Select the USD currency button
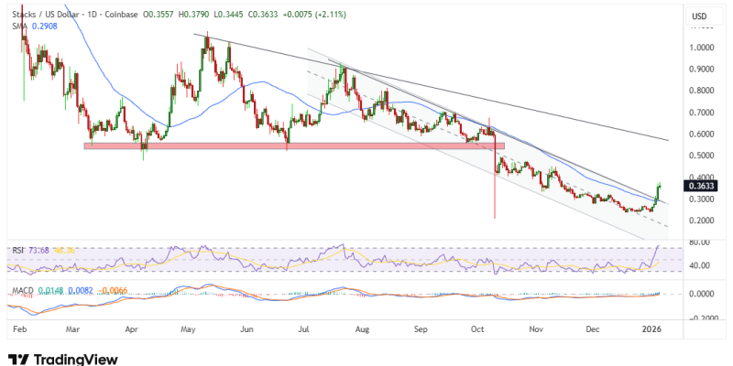point(700,16)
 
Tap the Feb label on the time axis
point(19,327)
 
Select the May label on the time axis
point(189,327)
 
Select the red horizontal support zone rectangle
point(293,145)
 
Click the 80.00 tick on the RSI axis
point(699,242)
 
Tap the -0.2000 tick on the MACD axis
point(699,317)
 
